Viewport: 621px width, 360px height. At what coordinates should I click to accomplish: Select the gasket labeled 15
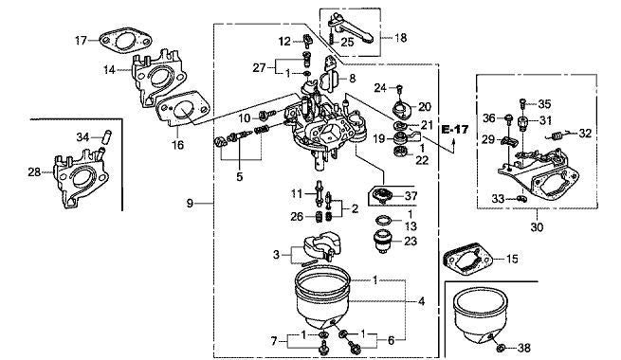pyautogui.click(x=467, y=259)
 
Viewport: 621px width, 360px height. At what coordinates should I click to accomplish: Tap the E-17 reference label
pyautogui.click(x=455, y=128)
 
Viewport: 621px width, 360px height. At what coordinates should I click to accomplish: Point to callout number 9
pyautogui.click(x=190, y=203)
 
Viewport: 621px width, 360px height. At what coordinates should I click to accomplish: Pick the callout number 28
pyautogui.click(x=34, y=171)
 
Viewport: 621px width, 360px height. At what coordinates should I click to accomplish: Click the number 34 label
pyautogui.click(x=82, y=137)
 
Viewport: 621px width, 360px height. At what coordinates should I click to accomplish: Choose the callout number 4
pyautogui.click(x=420, y=301)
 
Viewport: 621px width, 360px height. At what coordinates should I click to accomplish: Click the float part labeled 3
pyautogui.click(x=314, y=250)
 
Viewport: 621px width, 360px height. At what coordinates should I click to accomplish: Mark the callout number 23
pyautogui.click(x=410, y=241)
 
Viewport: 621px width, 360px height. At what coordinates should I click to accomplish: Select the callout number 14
pyautogui.click(x=110, y=70)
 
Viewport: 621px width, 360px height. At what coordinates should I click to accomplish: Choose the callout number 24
pyautogui.click(x=378, y=88)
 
